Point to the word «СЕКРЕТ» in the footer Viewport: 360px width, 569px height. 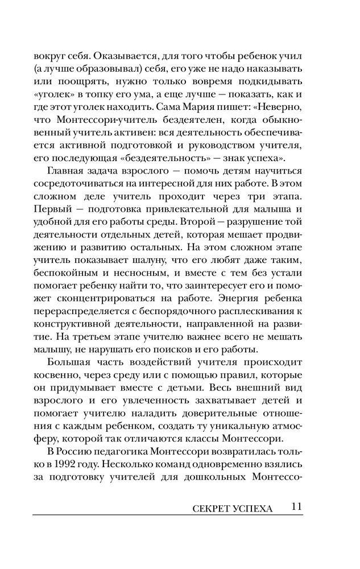[206, 508]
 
